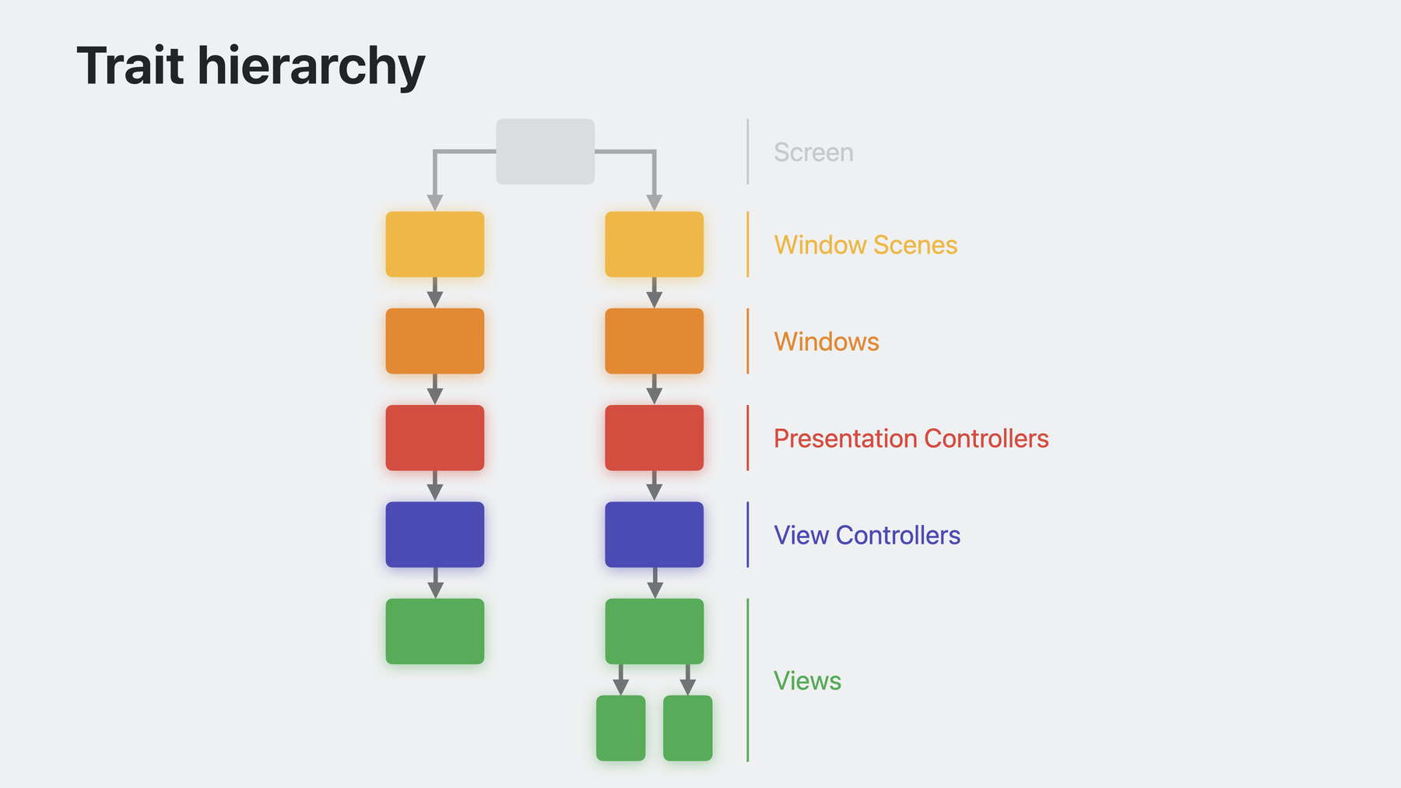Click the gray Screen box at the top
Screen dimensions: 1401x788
546,152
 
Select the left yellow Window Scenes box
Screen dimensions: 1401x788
435,244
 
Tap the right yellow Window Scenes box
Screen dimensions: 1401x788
655,244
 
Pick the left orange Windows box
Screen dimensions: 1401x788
435,341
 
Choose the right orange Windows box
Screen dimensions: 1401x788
655,341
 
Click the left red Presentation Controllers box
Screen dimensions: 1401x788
435,438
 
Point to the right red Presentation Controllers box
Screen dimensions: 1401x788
655,438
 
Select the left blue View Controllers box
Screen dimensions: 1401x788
435,534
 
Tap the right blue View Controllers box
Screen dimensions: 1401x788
655,534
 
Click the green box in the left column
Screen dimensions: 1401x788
435,631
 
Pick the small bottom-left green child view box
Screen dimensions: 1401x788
621,728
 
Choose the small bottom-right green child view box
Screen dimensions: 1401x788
688,728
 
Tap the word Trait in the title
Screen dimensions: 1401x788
131,65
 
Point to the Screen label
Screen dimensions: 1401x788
813,152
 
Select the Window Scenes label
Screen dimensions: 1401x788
866,244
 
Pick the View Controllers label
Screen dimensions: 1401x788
867,535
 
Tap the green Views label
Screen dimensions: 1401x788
807,681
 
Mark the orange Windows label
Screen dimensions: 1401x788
827,341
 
